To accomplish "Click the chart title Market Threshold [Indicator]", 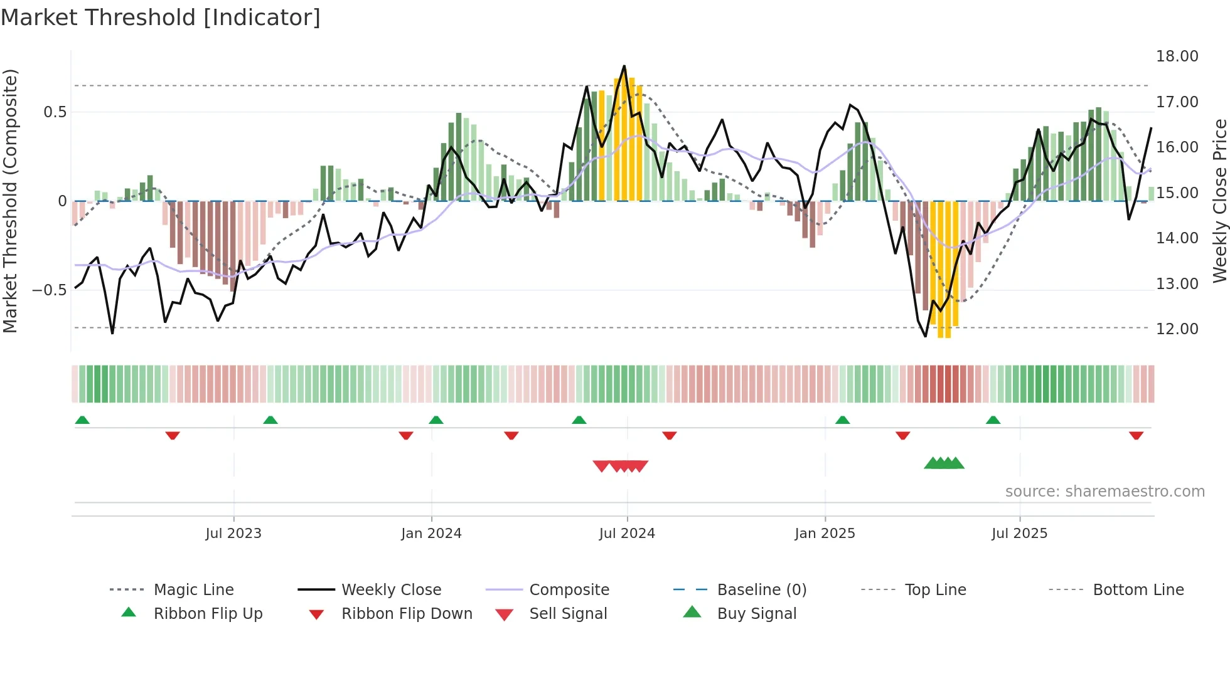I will tap(161, 18).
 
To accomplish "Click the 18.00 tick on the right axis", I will tap(1177, 56).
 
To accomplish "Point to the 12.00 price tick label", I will tap(1177, 329).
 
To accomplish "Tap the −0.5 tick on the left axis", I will tap(49, 290).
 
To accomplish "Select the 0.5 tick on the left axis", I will tap(55, 112).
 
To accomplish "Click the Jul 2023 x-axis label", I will tap(233, 534).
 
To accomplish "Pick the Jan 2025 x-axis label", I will tap(825, 534).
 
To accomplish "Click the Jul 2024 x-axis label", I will tap(627, 534).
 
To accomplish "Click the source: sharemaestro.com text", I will tap(1104, 492).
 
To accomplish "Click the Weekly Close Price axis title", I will tap(1219, 201).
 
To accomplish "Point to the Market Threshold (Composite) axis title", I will tap(10, 201).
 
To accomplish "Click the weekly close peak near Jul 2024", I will tap(624, 66).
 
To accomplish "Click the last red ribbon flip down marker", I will tap(1136, 436).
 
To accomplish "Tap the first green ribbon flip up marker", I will tap(82, 420).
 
